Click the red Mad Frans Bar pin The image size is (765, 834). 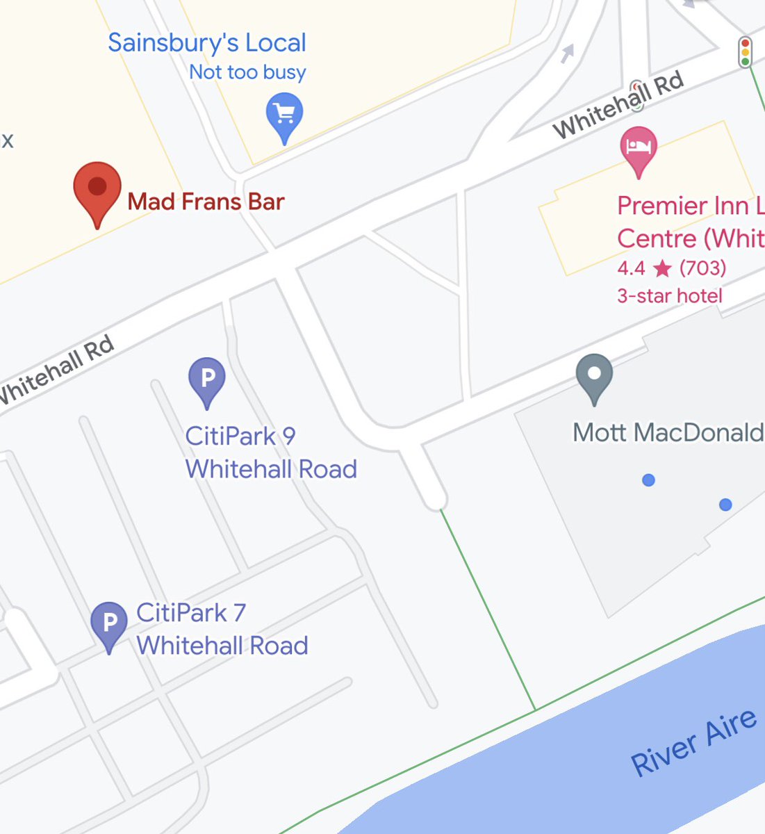coord(97,188)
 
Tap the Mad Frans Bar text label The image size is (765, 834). coord(206,202)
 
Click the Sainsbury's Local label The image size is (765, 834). coord(207,42)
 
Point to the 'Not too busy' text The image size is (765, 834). coord(247,72)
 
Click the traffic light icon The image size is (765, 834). coord(746,52)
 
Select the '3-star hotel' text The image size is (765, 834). coord(670,296)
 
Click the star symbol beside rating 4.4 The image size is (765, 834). coord(661,268)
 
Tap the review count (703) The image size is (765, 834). coord(702,268)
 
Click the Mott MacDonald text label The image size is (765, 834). coord(667,433)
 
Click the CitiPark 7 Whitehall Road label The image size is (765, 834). coord(222,629)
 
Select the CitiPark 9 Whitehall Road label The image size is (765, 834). coord(271,452)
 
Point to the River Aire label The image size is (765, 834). coord(693,742)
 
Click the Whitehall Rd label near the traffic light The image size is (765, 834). coord(618,105)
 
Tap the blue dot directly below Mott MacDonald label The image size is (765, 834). coord(648,480)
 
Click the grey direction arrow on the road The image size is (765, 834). coord(568,53)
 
